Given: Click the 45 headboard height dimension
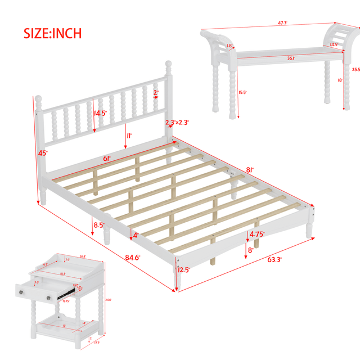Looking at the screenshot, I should point(43,153).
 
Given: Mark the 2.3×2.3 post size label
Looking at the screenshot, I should point(177,123).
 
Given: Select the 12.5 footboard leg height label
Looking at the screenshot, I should point(183,270).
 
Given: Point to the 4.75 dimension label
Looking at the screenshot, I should point(257,234).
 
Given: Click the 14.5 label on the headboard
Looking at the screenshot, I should point(100,113).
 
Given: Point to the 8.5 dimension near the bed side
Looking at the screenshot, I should point(98,224).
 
